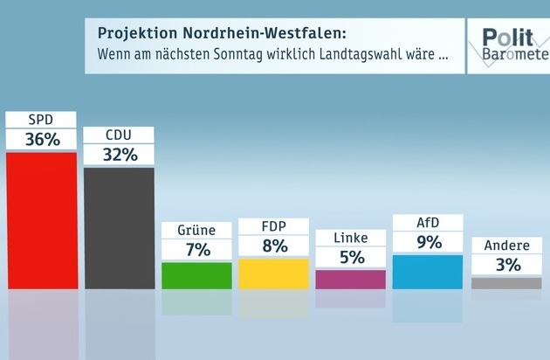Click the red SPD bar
(41, 220)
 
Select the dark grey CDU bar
(119, 227)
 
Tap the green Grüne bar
(196, 275)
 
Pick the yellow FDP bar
(273, 273)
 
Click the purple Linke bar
(350, 279)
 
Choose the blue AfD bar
(428, 271)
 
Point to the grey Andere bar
(505, 283)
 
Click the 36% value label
(41, 140)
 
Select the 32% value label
(119, 155)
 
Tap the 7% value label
(196, 250)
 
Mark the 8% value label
(273, 246)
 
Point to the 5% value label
(350, 258)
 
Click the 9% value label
(428, 242)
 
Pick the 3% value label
(505, 265)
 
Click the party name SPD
(41, 120)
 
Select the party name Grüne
(196, 231)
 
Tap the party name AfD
(428, 223)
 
